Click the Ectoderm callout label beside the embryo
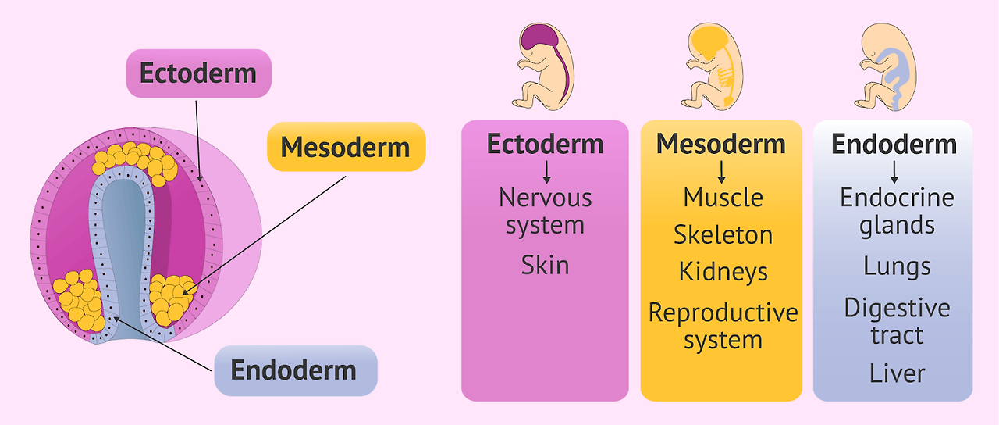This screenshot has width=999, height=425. click(x=198, y=73)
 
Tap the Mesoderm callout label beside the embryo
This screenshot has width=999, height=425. click(x=345, y=147)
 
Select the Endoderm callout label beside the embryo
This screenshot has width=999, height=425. click(x=294, y=370)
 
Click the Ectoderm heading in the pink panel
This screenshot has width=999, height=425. click(x=545, y=144)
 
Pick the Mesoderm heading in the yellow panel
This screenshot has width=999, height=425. click(x=720, y=144)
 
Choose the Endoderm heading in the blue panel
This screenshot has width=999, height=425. click(x=894, y=144)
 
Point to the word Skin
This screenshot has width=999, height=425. click(x=545, y=265)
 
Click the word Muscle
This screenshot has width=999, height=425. click(x=723, y=198)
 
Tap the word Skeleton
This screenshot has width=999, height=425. click(x=723, y=234)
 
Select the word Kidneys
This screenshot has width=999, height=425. click(x=723, y=271)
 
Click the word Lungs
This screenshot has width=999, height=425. click(x=896, y=266)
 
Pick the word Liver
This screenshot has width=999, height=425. click(x=896, y=373)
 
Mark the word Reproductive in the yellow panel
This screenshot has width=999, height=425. click(x=723, y=312)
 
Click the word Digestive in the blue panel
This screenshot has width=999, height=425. click(x=896, y=307)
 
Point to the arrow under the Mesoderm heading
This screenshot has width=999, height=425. click(x=721, y=170)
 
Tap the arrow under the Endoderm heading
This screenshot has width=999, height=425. click(x=894, y=170)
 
